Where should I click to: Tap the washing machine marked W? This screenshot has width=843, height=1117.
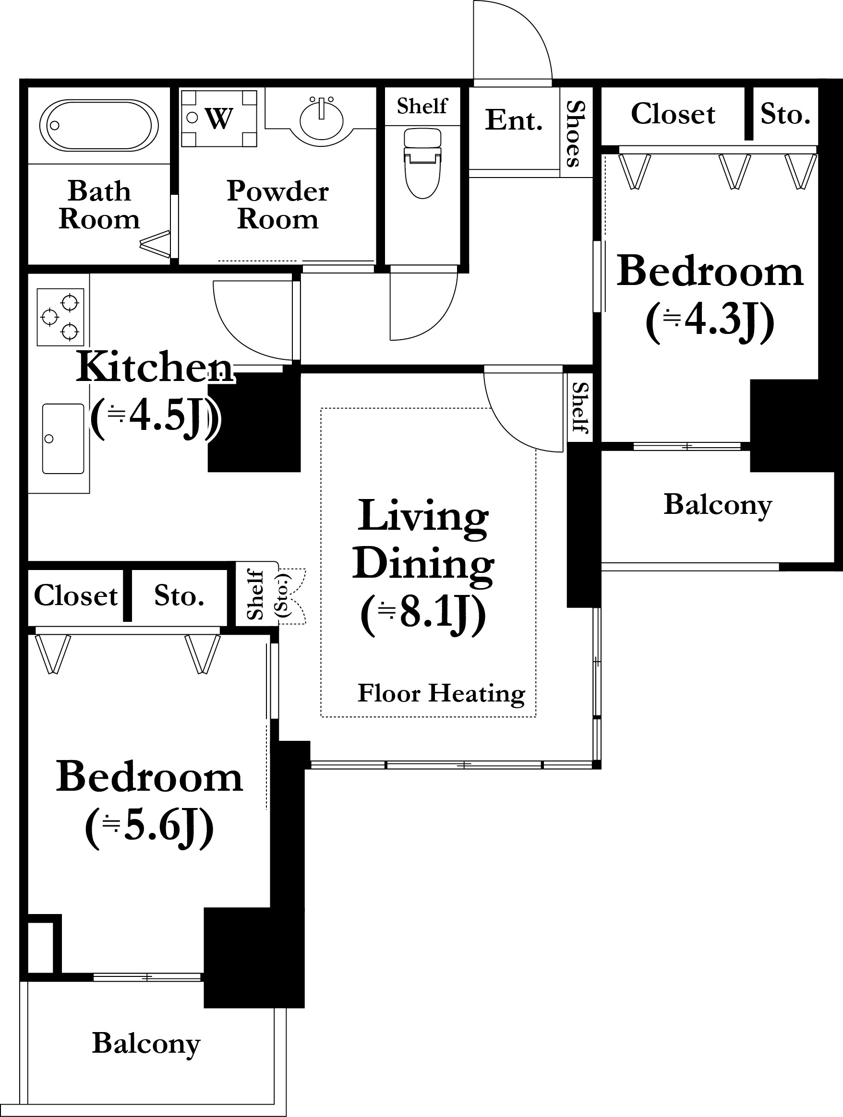[x=219, y=119]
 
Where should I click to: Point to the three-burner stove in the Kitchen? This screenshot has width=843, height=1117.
[x=60, y=317]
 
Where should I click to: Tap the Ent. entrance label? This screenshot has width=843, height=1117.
[x=514, y=120]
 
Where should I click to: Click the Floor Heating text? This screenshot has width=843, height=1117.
[x=442, y=693]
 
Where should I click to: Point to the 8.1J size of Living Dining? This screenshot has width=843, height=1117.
[x=423, y=614]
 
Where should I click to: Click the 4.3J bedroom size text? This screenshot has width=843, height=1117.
[x=710, y=321]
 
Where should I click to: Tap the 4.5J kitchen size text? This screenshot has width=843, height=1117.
[x=155, y=417]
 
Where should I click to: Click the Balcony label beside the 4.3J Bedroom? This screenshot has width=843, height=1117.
[x=718, y=505]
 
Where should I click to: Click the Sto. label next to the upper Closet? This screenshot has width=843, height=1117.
[x=785, y=114]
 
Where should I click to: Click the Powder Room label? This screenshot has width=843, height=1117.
[x=278, y=204]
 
